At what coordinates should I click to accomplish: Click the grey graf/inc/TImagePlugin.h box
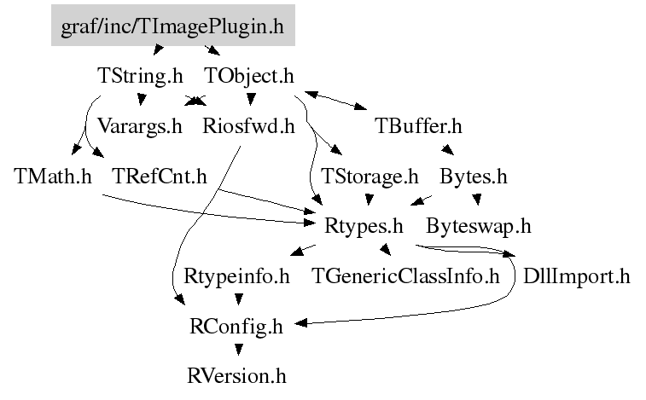[x=172, y=26]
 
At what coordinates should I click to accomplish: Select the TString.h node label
[x=136, y=76]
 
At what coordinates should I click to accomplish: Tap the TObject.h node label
[x=249, y=76]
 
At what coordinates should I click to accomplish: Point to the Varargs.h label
[x=139, y=127]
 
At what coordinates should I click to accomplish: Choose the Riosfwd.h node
[x=248, y=127]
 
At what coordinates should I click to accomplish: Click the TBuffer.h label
[x=418, y=127]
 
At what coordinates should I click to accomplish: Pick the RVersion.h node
[x=237, y=374]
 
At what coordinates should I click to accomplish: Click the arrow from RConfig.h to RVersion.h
[x=238, y=350]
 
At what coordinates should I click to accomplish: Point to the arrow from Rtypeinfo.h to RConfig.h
[x=238, y=299]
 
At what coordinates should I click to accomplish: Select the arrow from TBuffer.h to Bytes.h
[x=448, y=151]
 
